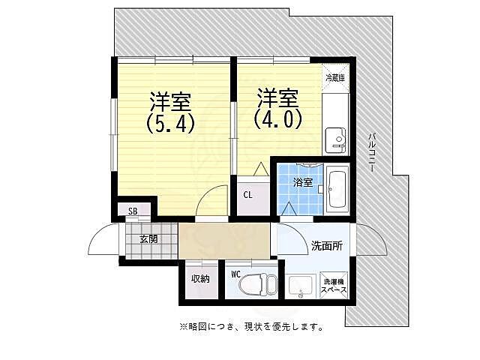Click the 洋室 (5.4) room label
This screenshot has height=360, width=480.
pos(170,112)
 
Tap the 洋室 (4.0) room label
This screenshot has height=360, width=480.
pos(277,108)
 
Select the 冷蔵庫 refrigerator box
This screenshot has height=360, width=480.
pos(334,78)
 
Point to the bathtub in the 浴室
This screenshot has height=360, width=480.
pos(337,190)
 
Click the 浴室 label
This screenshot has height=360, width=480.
pos(302,182)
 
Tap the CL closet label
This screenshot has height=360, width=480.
pos(247,195)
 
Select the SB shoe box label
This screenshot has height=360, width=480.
pos(133,211)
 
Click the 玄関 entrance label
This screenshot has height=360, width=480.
pos(148,239)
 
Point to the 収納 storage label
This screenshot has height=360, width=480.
pos(199,279)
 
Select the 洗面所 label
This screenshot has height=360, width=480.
pos(327,245)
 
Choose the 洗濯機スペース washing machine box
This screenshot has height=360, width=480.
pos(333,285)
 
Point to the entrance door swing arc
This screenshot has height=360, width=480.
pos(100,240)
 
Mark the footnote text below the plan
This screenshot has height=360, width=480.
pos(251,326)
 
